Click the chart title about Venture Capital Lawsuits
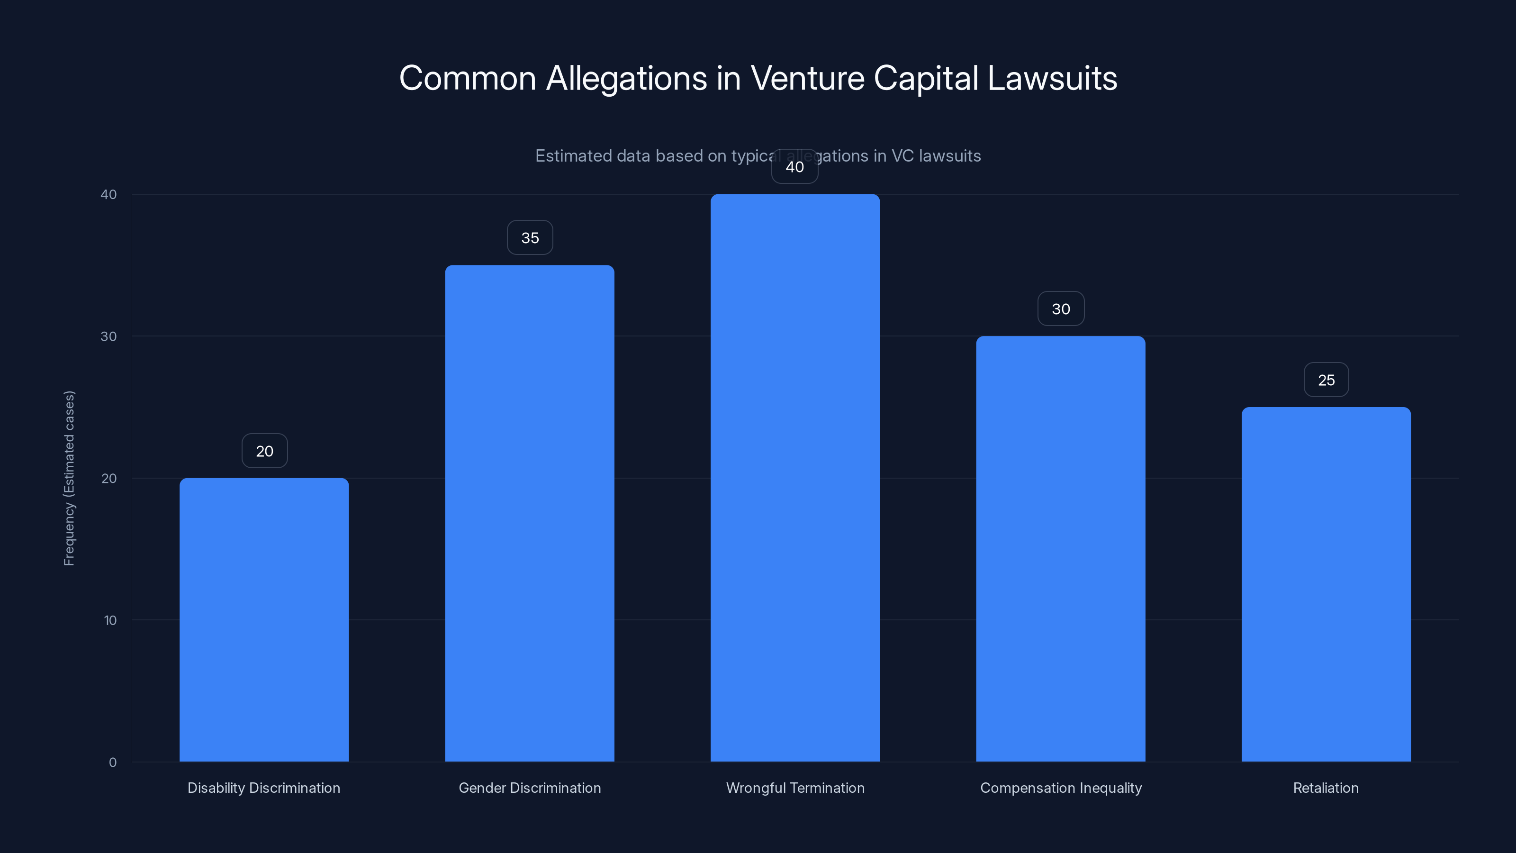click(x=758, y=78)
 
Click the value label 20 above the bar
click(x=264, y=452)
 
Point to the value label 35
click(x=530, y=238)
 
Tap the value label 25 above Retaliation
click(x=1326, y=380)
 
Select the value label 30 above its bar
click(x=1061, y=309)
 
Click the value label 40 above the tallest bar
click(x=794, y=167)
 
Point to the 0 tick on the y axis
click(x=112, y=762)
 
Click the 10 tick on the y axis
click(x=110, y=620)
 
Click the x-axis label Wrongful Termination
click(x=795, y=788)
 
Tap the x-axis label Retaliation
click(x=1326, y=788)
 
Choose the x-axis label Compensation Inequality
click(x=1061, y=788)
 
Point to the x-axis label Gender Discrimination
click(x=530, y=788)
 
